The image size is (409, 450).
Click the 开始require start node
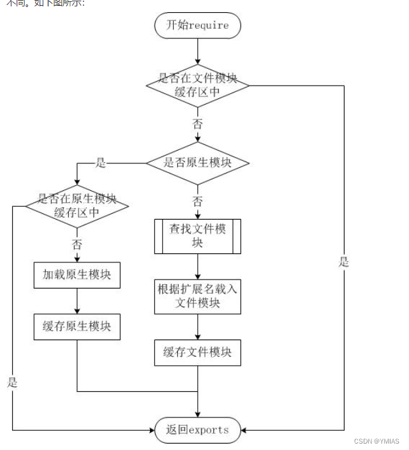197,26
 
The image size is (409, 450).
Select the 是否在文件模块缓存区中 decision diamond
197,85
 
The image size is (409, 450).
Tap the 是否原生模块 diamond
197,163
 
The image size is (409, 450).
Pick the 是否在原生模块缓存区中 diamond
77,206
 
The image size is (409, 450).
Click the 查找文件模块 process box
197,236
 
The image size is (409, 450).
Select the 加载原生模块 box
77,274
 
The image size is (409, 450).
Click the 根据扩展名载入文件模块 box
197,296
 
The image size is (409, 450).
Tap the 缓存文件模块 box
197,352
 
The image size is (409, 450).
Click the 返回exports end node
197,430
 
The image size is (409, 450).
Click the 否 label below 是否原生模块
197,202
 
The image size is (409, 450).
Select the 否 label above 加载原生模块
77,244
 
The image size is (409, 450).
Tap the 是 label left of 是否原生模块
100,163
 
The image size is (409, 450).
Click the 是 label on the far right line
344,262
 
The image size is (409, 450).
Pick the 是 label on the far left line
12,382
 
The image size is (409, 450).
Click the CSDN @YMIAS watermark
377,441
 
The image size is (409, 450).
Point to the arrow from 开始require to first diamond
197,50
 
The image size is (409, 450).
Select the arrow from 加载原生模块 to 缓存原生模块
77,300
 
